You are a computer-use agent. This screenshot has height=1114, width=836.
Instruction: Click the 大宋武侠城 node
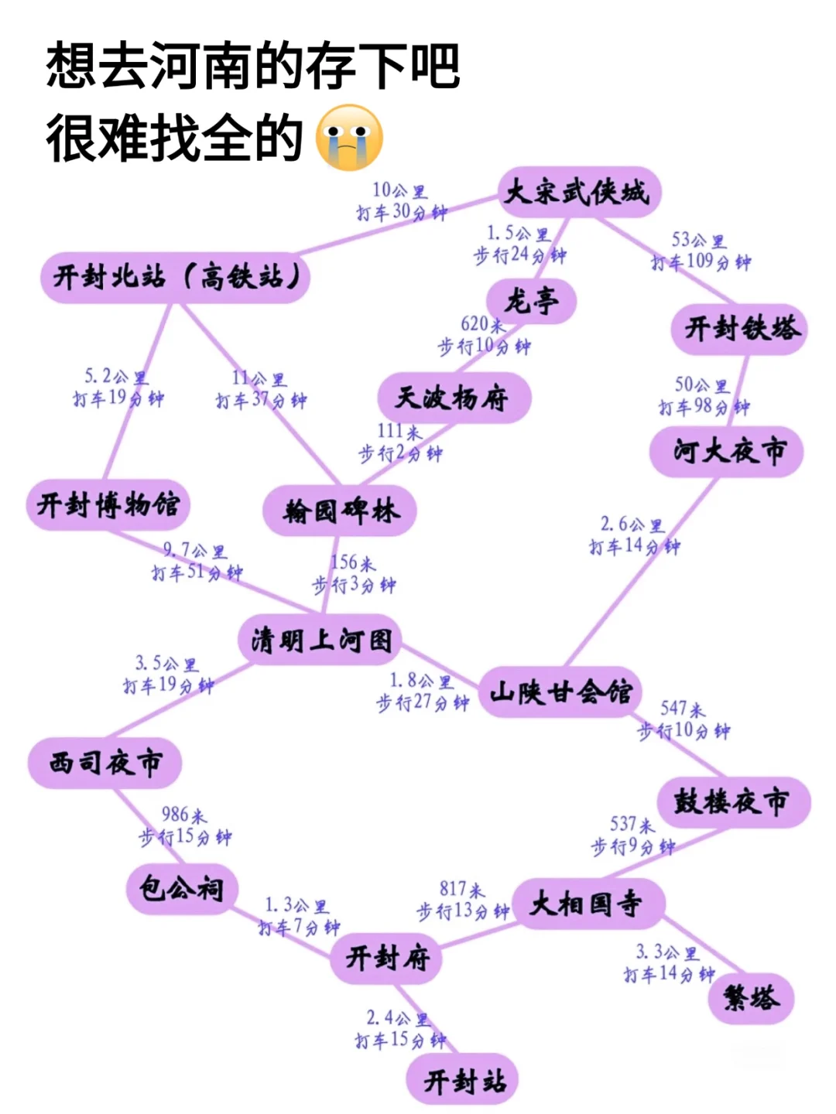pyautogui.click(x=577, y=192)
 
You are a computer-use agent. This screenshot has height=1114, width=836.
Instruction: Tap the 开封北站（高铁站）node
pyautogui.click(x=176, y=276)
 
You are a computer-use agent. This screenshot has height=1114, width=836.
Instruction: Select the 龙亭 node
pyautogui.click(x=531, y=300)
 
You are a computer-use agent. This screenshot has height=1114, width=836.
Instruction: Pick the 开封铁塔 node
pyautogui.click(x=741, y=329)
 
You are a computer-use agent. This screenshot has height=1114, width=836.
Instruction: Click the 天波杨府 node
pyautogui.click(x=454, y=398)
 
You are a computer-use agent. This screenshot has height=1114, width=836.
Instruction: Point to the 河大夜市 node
pyautogui.click(x=728, y=450)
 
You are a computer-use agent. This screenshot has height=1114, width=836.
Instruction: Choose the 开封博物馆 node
pyautogui.click(x=108, y=504)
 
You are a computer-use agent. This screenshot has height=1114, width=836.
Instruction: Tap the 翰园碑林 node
pyautogui.click(x=341, y=511)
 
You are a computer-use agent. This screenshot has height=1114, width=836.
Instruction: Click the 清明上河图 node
pyautogui.click(x=320, y=641)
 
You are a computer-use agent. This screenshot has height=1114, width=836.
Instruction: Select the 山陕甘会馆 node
pyautogui.click(x=560, y=692)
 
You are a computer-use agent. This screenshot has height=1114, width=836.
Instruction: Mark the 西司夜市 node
pyautogui.click(x=105, y=763)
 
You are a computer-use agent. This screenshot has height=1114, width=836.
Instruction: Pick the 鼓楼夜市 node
pyautogui.click(x=731, y=801)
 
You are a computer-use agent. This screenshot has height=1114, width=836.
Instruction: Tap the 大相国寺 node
pyautogui.click(x=588, y=903)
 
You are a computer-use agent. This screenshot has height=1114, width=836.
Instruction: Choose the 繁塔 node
pyautogui.click(x=750, y=997)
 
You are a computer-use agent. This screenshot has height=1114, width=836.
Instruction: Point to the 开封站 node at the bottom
pyautogui.click(x=464, y=1080)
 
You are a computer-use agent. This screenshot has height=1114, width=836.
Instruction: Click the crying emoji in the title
pyautogui.click(x=350, y=137)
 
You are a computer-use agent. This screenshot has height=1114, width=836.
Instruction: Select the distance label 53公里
pyautogui.click(x=698, y=240)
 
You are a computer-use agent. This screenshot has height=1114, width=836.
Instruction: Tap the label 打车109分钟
pyautogui.click(x=701, y=261)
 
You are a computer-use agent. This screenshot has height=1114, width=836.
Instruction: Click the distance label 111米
pyautogui.click(x=399, y=431)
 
